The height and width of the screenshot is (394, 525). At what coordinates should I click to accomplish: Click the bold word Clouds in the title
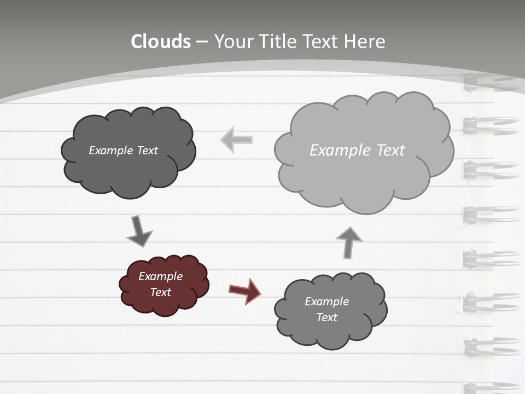coord(161,42)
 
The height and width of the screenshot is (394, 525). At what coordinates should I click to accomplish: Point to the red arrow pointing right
coord(244,291)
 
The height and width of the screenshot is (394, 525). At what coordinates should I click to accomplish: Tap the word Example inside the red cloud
coord(160,276)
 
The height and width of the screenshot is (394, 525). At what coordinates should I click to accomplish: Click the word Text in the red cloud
coord(160,292)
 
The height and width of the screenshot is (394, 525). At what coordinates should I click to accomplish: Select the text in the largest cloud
coord(357,150)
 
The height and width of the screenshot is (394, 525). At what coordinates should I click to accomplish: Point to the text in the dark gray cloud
coord(123,150)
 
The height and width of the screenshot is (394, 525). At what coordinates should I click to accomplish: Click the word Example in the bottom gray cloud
coord(326,302)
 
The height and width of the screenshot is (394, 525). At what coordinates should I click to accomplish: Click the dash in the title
coord(201,42)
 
